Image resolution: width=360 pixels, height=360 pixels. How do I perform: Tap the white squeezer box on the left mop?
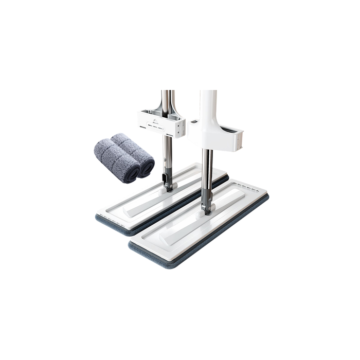point(160,122)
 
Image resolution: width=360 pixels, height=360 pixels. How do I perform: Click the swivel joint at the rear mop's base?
point(167,182)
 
